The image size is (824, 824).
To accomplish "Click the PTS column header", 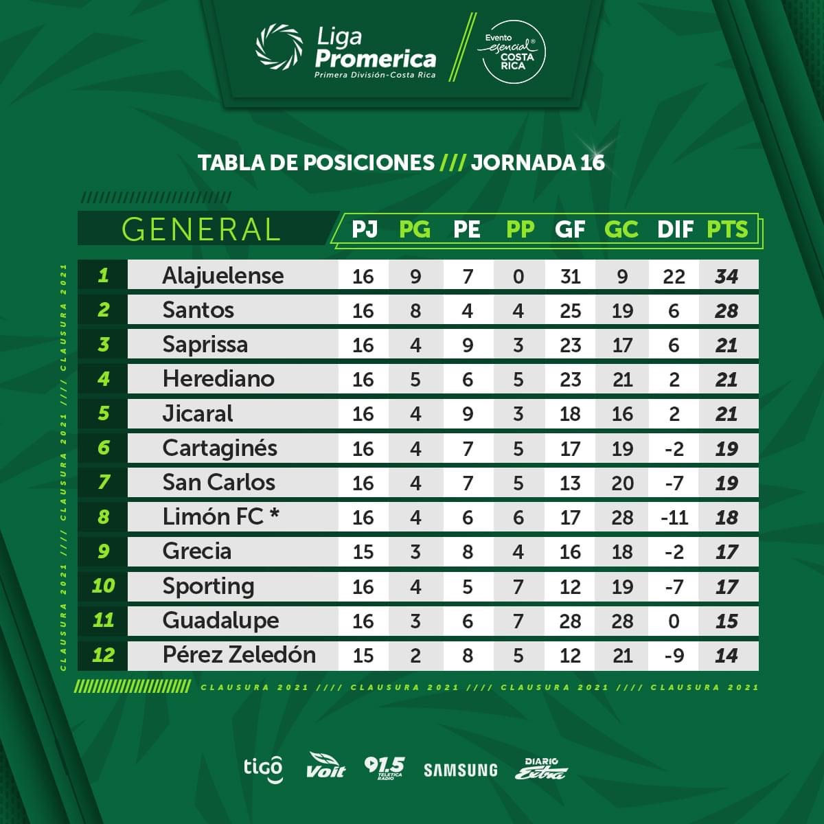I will (x=727, y=229).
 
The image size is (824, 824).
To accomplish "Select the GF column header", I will (x=570, y=229).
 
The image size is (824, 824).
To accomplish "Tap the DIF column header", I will (x=675, y=229).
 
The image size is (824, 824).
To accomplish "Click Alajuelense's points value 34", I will (x=726, y=276).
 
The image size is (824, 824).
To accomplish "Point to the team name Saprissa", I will (x=205, y=345).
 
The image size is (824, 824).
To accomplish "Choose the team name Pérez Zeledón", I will (x=239, y=655).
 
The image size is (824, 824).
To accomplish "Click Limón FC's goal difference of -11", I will (x=674, y=517).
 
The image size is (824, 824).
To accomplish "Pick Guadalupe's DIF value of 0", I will (x=674, y=621).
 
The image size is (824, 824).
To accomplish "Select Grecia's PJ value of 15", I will (x=363, y=552).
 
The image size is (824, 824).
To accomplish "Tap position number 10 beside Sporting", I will (x=103, y=586).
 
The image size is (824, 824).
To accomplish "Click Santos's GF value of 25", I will (x=570, y=310).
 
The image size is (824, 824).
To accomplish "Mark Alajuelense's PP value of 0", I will (x=518, y=276).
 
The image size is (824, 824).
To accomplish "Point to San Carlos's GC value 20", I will (x=622, y=483).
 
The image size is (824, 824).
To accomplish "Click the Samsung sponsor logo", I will (x=460, y=770).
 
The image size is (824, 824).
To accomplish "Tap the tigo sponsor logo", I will (x=263, y=768).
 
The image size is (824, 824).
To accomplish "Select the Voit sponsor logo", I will (x=325, y=766).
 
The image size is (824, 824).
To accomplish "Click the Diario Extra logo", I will (x=541, y=769).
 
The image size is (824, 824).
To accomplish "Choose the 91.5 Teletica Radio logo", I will (x=384, y=768).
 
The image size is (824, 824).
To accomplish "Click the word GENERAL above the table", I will (x=201, y=229).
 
